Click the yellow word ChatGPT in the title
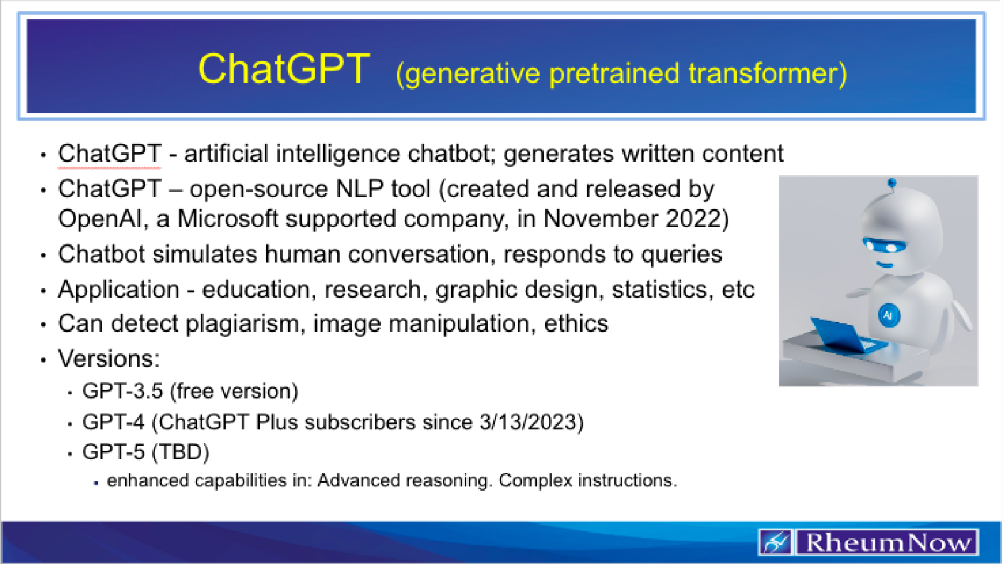[x=284, y=69]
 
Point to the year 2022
[x=695, y=219]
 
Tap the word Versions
[x=108, y=359]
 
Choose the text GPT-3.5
[x=123, y=391]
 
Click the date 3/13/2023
[x=531, y=422]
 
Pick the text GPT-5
[x=113, y=452]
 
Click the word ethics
[x=576, y=324]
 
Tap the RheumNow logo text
[x=887, y=543]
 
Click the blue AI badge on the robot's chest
[x=888, y=315]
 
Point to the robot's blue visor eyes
[x=884, y=245]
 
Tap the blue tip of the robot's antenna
[x=892, y=183]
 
